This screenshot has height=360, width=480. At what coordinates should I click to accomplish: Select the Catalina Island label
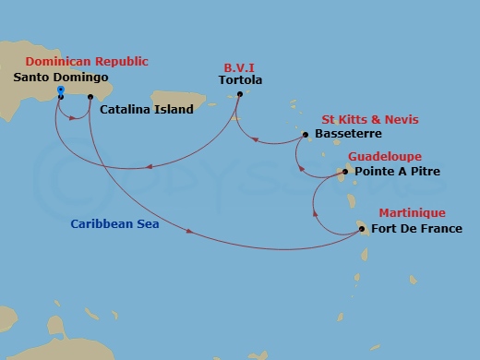[x=148, y=110]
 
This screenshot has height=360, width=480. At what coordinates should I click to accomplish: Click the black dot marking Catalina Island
[x=90, y=97]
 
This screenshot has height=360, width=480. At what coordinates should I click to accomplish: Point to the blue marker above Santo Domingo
[x=60, y=90]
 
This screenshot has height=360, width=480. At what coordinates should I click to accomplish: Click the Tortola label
[x=241, y=80]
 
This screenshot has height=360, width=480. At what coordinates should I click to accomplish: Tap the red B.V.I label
[x=240, y=66]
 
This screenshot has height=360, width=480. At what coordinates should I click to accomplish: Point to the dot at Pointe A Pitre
[x=345, y=172]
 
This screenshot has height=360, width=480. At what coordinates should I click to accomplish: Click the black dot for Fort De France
[x=362, y=229]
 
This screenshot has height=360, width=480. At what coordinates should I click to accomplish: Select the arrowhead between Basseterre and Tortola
[x=258, y=140]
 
